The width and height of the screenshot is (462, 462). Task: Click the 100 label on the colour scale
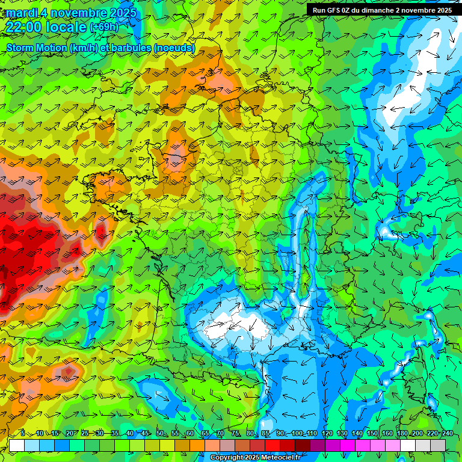point(297,434)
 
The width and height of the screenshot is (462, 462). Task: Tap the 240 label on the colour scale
point(448,434)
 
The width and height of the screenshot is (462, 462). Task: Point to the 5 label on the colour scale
point(23,434)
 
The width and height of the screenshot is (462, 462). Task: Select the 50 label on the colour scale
point(160,434)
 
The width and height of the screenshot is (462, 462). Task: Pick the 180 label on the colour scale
point(402,434)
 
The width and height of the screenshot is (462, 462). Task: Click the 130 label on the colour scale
point(342,434)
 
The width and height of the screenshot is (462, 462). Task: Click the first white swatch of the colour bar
point(17,445)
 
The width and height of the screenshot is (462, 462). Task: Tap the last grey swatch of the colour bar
point(438,445)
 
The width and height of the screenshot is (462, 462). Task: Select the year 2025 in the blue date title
point(119,13)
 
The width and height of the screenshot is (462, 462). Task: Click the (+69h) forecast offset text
point(104,27)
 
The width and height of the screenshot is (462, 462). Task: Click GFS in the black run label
point(333,10)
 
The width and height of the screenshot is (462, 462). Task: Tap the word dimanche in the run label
point(380,10)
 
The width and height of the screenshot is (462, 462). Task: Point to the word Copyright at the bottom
point(226,458)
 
